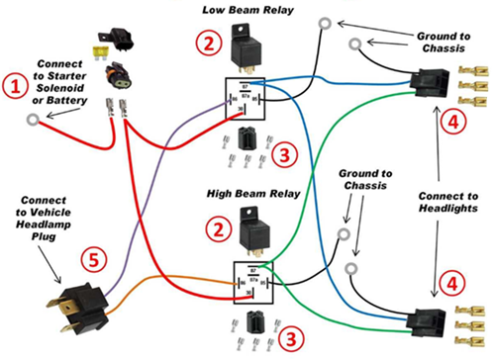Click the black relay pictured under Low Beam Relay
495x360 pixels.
click(x=245, y=48)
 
